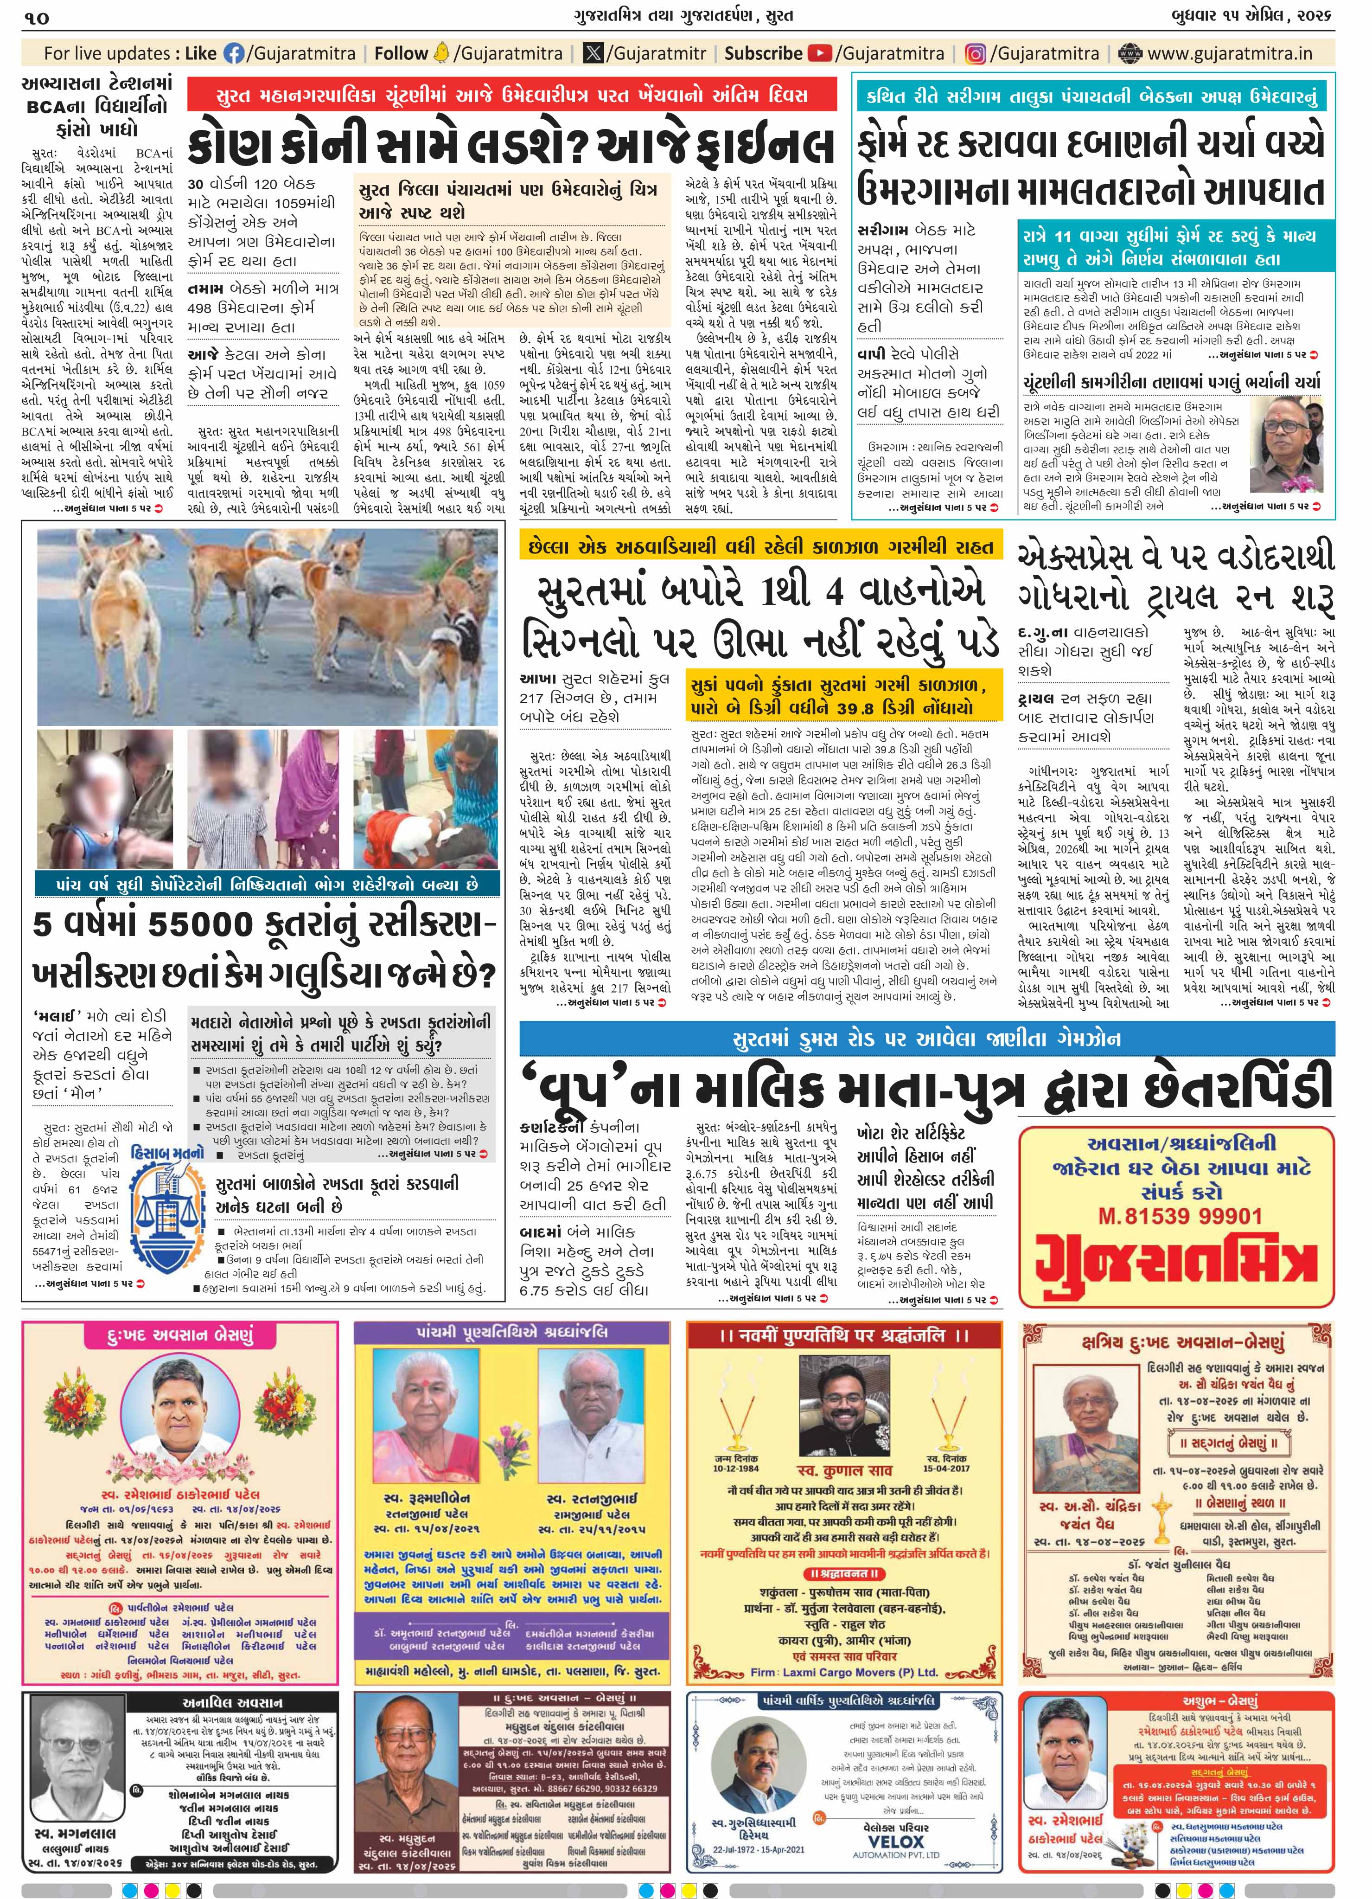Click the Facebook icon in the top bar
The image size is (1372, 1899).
click(234, 54)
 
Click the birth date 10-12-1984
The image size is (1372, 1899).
click(737, 1468)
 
